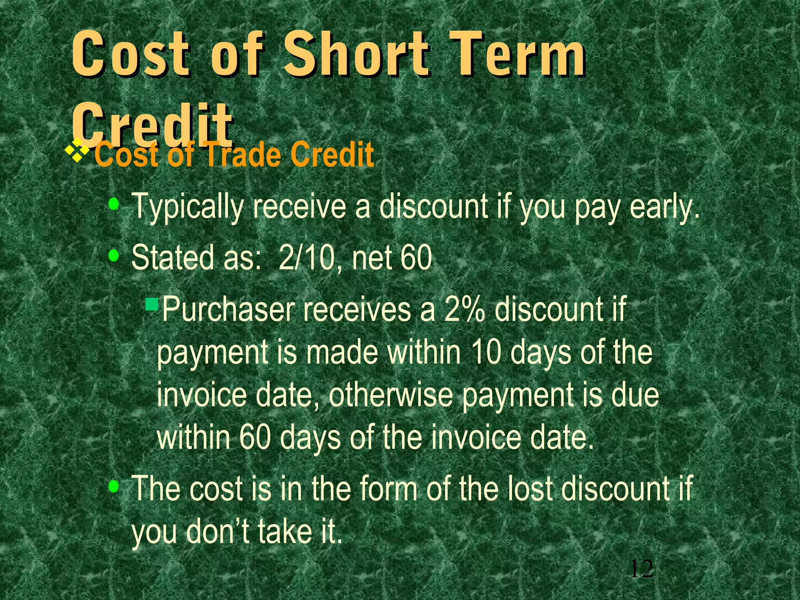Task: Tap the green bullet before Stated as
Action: pyautogui.click(x=114, y=255)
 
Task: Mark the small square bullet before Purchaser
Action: pyautogui.click(x=151, y=303)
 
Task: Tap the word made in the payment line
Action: pyautogui.click(x=342, y=352)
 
